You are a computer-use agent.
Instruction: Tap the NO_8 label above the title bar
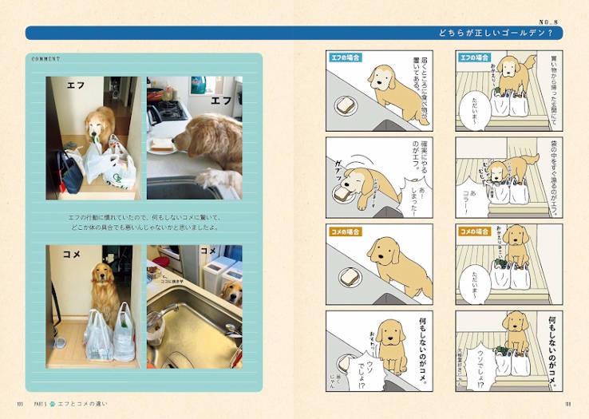click(554, 21)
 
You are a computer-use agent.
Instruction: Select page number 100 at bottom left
click(19, 404)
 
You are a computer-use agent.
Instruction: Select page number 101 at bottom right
click(568, 404)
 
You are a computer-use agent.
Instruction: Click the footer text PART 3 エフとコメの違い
click(72, 404)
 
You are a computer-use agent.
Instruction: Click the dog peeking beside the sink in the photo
click(231, 291)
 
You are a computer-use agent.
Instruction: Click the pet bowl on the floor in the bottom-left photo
click(60, 344)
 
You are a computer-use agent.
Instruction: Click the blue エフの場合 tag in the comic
click(474, 57)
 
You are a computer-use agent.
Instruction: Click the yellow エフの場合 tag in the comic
click(345, 57)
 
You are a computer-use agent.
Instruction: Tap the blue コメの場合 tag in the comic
click(474, 231)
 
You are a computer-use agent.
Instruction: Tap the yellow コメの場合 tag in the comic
click(345, 231)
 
